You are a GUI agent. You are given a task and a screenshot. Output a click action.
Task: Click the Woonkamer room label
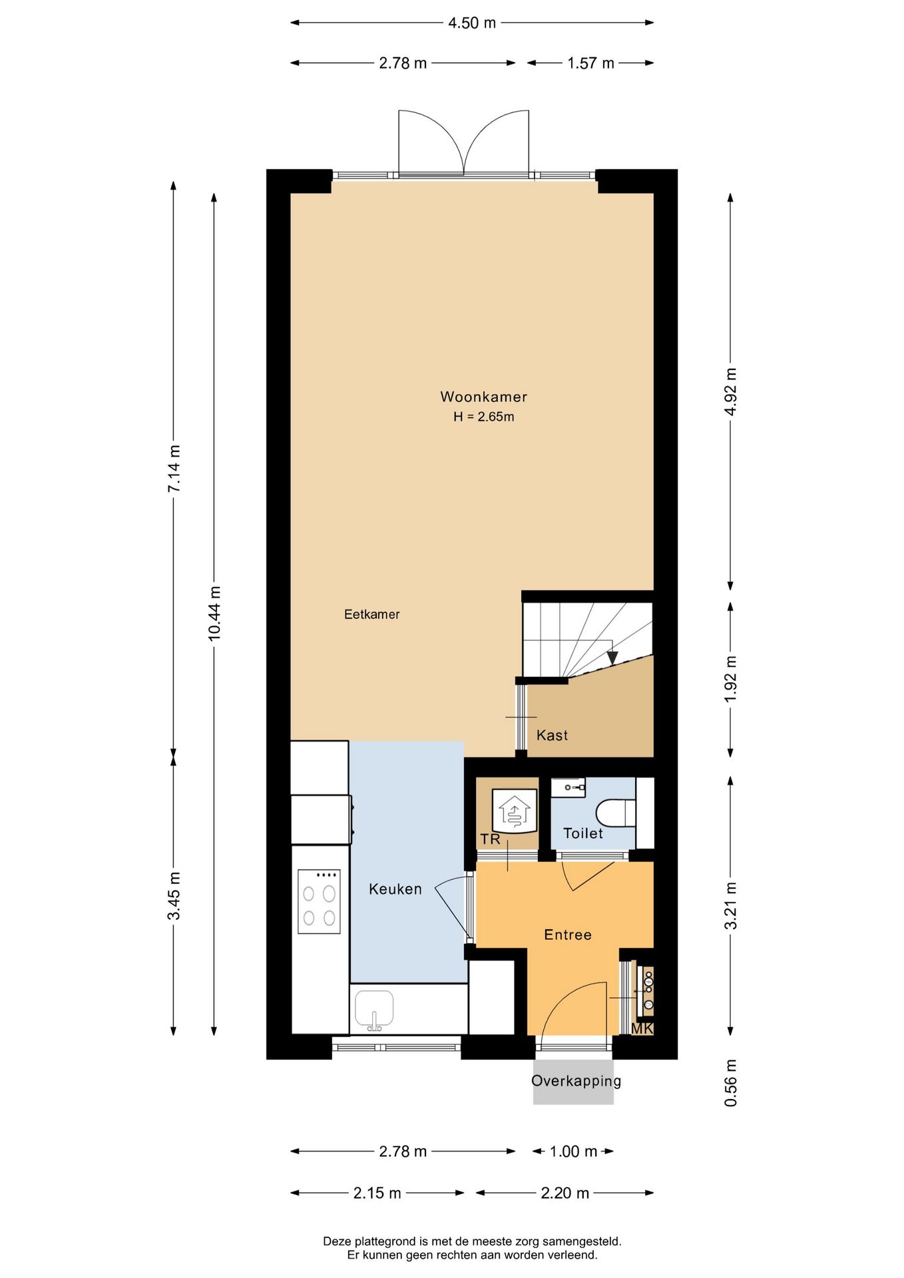tap(483, 397)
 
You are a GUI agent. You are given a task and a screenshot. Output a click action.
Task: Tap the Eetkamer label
tap(371, 614)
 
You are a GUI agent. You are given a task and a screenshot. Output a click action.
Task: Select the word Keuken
tap(395, 889)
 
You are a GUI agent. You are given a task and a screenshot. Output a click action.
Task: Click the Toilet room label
tap(583, 833)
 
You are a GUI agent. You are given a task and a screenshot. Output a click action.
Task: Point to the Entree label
tap(568, 935)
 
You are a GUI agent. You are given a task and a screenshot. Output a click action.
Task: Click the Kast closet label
tap(552, 736)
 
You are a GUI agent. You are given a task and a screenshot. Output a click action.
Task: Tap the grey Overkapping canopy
tap(573, 1082)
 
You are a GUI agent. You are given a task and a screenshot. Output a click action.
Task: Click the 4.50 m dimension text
tap(472, 23)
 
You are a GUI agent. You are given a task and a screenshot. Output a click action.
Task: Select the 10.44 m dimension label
tap(214, 614)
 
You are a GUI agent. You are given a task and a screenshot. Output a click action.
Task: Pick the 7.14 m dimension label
tap(174, 469)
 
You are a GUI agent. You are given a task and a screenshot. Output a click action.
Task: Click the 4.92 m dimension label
tap(730, 391)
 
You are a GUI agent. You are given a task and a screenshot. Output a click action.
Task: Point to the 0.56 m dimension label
tap(730, 1083)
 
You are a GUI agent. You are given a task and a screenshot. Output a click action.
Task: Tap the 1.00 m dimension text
tap(573, 1152)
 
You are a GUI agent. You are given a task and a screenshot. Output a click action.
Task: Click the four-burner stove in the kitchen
tap(319, 902)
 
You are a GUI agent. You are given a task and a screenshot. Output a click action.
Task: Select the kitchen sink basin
tap(374, 1009)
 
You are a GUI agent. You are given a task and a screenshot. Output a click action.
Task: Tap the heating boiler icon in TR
tap(514, 811)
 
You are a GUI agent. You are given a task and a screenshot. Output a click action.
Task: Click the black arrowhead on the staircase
tap(612, 658)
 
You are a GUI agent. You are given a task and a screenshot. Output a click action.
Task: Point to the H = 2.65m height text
tap(483, 417)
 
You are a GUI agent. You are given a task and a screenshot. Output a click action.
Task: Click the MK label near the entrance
tap(642, 1028)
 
